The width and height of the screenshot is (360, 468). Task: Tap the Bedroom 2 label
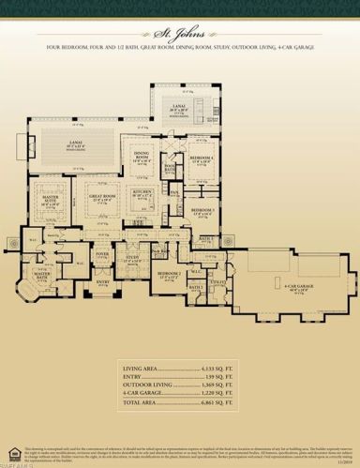pyautogui.click(x=167, y=274)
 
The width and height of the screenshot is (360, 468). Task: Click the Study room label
pyautogui.click(x=132, y=257)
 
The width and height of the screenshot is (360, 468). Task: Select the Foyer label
pyautogui.click(x=101, y=253)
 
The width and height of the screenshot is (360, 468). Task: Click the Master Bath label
pyautogui.click(x=41, y=277)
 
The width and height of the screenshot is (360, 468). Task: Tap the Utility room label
pyautogui.click(x=218, y=279)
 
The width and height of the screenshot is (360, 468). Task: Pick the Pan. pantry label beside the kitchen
pyautogui.click(x=175, y=194)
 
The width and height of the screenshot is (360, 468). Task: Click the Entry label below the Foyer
pyautogui.click(x=102, y=281)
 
